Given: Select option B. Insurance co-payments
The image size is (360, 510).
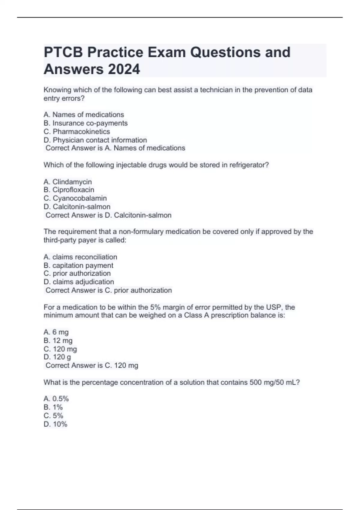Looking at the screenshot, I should tap(85, 123).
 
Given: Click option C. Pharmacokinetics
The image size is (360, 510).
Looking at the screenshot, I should tap(77, 131).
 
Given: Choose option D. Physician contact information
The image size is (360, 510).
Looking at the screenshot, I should tap(95, 140).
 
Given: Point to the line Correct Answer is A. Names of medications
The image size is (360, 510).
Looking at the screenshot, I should tap(115, 148).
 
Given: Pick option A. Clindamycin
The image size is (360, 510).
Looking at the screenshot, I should tap(67, 182).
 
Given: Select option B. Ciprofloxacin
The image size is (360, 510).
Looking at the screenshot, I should tap(69, 190).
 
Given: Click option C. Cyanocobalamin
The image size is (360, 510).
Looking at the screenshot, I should tap(75, 198).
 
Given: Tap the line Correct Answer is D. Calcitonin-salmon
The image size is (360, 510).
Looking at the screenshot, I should tap(108, 215).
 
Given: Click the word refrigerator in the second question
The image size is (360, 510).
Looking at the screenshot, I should tap(249, 165).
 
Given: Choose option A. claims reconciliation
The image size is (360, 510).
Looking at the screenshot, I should tap(80, 257).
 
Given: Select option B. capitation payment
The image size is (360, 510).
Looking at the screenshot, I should tap(78, 265).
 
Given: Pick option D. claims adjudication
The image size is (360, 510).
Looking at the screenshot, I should tap(79, 282).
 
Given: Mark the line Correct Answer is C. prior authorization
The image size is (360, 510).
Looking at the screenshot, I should tap(109, 290).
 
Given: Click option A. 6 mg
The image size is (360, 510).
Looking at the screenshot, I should tap(56, 332).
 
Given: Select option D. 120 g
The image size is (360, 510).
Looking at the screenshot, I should tap(57, 357).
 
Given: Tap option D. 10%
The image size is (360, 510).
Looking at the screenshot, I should tap(55, 424).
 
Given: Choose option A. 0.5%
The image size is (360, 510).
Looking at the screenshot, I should tap(56, 399).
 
